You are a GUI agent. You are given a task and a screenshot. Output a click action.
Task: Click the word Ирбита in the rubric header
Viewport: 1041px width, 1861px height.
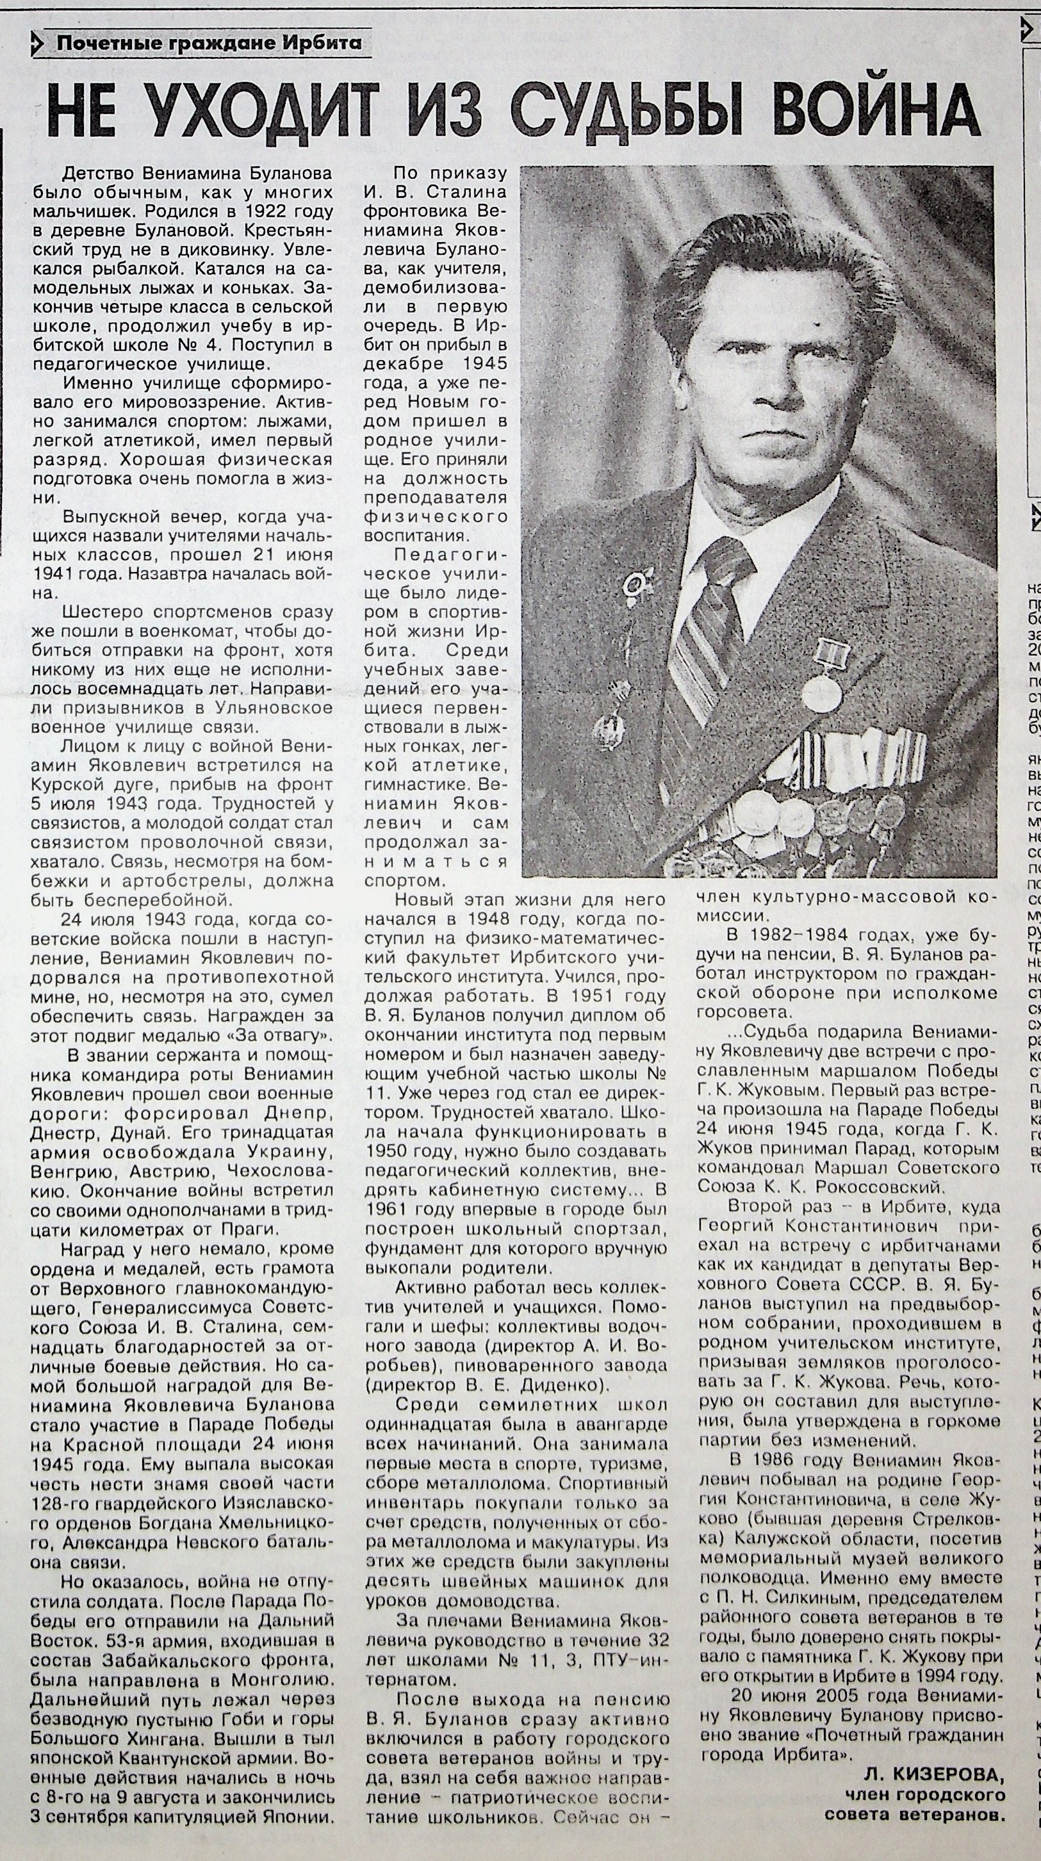(x=327, y=44)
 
